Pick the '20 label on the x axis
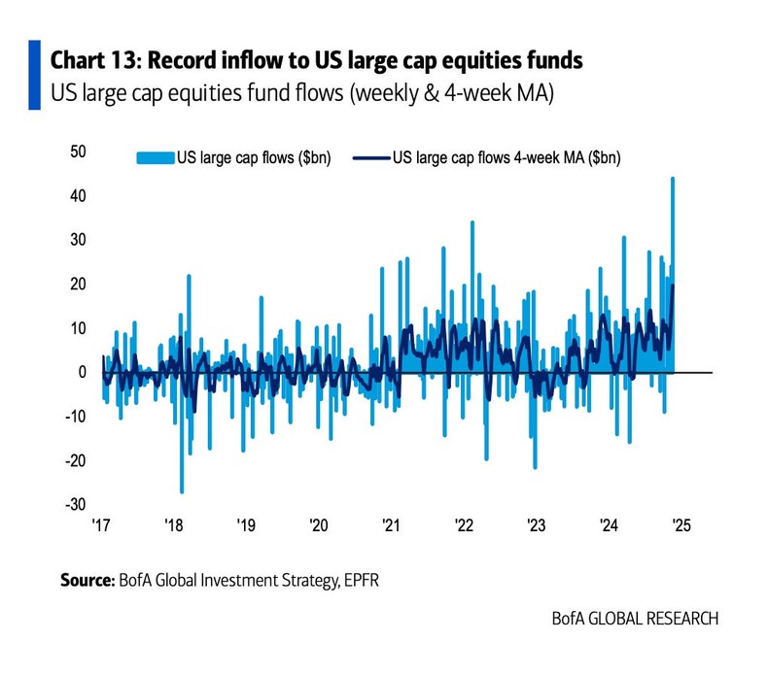[319, 526]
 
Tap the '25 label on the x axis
[681, 526]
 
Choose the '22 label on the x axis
[464, 526]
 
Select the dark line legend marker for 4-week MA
[370, 157]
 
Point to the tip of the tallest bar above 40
[673, 179]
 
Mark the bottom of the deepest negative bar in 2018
[182, 491]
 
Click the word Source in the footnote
[87, 581]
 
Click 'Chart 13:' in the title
[94, 61]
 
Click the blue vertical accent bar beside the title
[34, 76]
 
